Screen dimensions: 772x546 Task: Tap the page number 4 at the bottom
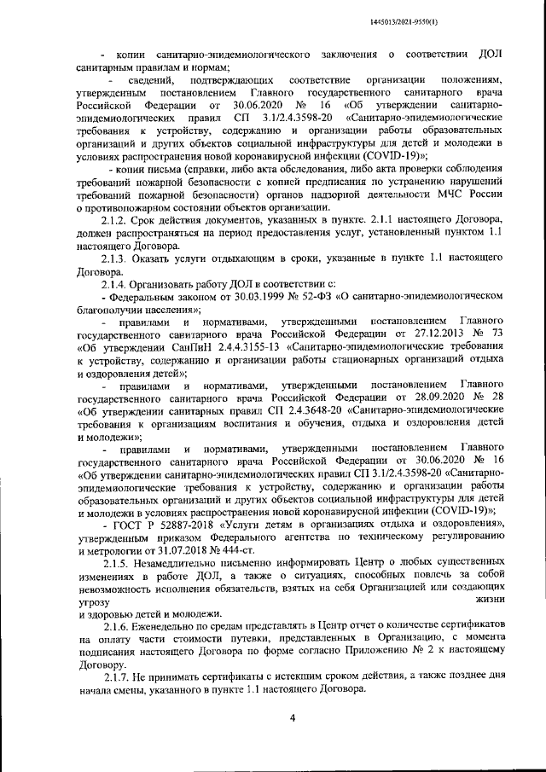click(291, 717)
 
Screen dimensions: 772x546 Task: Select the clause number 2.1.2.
click(115, 221)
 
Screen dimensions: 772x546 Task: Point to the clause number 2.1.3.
click(115, 258)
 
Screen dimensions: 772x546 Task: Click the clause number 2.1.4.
click(115, 283)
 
